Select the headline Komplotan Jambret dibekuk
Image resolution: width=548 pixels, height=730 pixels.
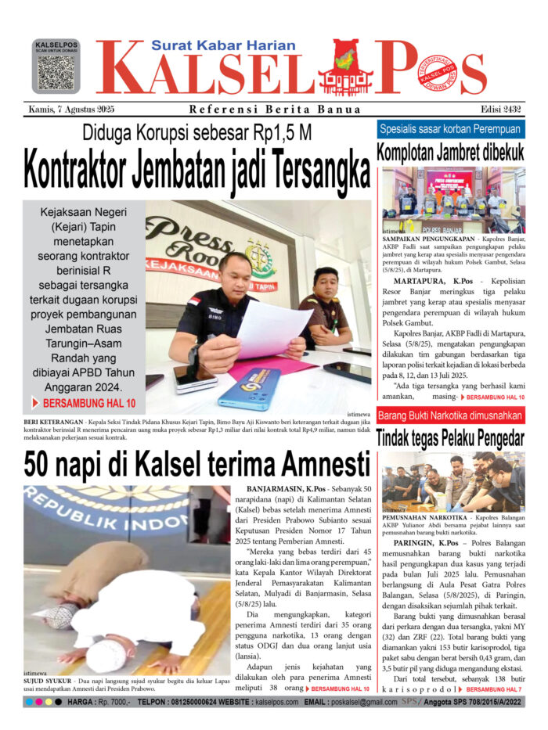coord(451,152)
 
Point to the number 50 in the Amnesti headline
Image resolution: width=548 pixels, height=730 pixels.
coord(43,465)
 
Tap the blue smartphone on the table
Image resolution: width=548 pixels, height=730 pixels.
coord(250,389)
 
